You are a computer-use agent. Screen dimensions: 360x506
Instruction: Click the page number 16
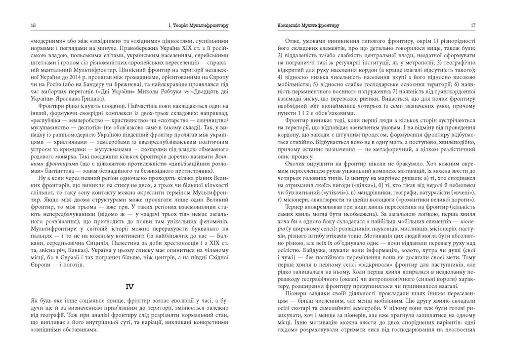(x=33, y=25)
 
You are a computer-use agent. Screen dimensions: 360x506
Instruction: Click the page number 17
(x=472, y=25)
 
